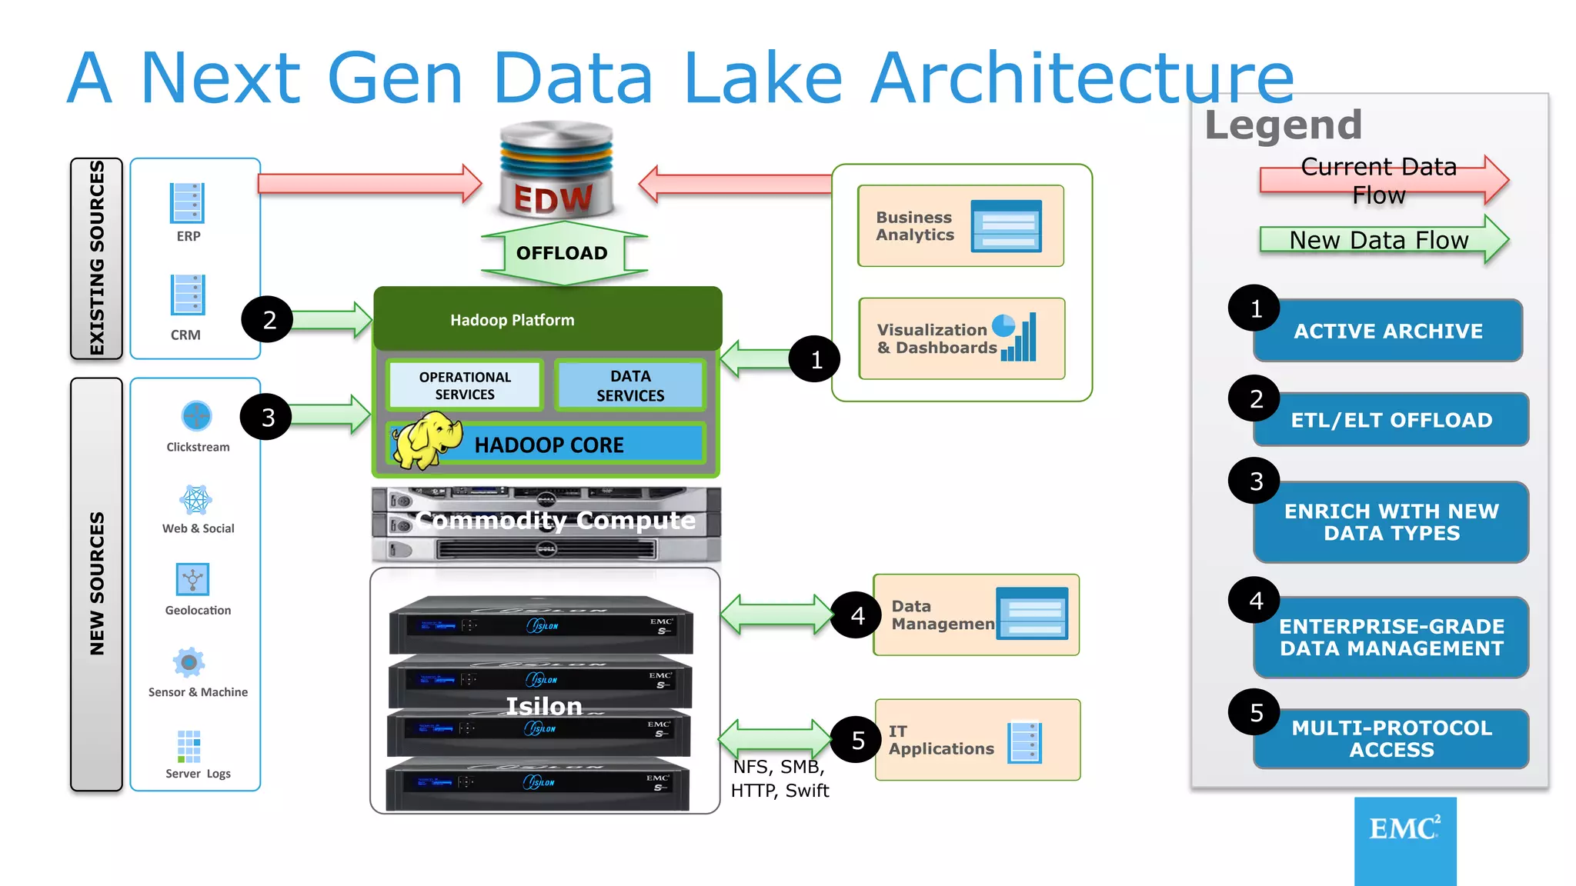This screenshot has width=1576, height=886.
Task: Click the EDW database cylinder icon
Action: (x=556, y=169)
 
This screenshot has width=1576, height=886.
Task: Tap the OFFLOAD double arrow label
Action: (x=563, y=253)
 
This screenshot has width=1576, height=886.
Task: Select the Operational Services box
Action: (x=465, y=385)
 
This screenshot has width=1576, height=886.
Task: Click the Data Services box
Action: (x=630, y=385)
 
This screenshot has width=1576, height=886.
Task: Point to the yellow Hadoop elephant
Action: (x=426, y=440)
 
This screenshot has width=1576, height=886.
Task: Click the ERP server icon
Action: (x=187, y=203)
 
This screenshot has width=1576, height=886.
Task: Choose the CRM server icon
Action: (x=188, y=295)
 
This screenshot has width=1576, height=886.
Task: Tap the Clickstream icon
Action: (x=196, y=416)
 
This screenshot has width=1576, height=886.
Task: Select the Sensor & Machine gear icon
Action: (x=189, y=662)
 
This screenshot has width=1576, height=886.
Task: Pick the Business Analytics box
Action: (x=960, y=226)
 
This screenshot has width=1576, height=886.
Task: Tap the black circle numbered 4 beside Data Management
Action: (x=857, y=615)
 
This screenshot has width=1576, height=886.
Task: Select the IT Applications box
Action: (x=977, y=740)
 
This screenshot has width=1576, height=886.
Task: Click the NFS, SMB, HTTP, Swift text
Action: (x=780, y=778)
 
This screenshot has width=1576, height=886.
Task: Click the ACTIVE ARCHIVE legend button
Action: (x=1387, y=331)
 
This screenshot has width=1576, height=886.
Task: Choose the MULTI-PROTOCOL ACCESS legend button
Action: (x=1391, y=739)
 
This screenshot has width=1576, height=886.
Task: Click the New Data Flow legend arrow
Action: (x=1383, y=240)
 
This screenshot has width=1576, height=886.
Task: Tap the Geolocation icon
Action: (x=192, y=579)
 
